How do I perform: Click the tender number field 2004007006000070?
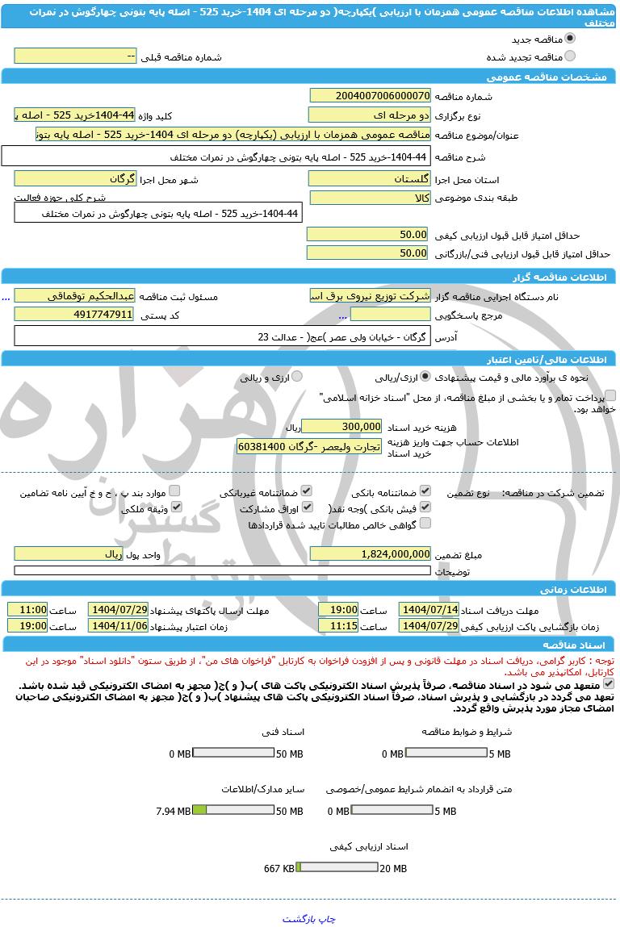(370, 95)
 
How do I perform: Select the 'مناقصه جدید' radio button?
(571, 38)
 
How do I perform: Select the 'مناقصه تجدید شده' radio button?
(571, 56)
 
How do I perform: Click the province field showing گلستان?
(370, 178)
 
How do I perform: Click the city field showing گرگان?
(74, 178)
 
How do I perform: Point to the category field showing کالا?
(370, 198)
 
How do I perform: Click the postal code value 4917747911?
(74, 315)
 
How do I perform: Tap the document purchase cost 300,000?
(341, 426)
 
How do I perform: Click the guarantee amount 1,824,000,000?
(370, 554)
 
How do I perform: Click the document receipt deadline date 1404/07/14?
(429, 610)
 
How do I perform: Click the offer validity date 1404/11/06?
(118, 625)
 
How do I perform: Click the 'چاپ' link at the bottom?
(326, 919)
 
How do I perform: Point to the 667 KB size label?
(279, 868)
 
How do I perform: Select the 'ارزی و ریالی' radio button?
(297, 377)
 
